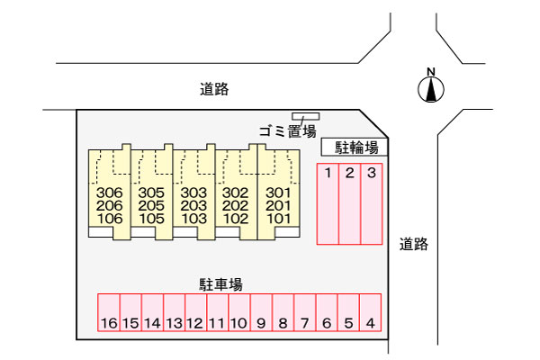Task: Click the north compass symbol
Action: pyautogui.click(x=432, y=86)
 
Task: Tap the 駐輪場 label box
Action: pyautogui.click(x=356, y=148)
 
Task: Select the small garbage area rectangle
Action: pyautogui.click(x=305, y=116)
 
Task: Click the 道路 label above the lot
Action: pyautogui.click(x=214, y=89)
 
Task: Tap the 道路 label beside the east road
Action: pyautogui.click(x=414, y=243)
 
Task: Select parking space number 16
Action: pyautogui.click(x=108, y=314)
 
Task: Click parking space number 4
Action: pyautogui.click(x=371, y=314)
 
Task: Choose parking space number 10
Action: pyautogui.click(x=238, y=314)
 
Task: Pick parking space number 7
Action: pyautogui.click(x=305, y=314)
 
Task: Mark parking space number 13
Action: pyautogui.click(x=174, y=314)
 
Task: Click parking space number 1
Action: pyautogui.click(x=328, y=204)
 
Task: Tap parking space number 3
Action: pyautogui.click(x=371, y=204)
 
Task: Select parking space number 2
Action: pyautogui.click(x=349, y=204)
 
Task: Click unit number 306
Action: pyautogui.click(x=109, y=193)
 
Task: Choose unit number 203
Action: pyautogui.click(x=193, y=205)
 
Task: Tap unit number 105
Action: pyautogui.click(x=151, y=218)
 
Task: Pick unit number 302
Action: pyautogui.click(x=235, y=193)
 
